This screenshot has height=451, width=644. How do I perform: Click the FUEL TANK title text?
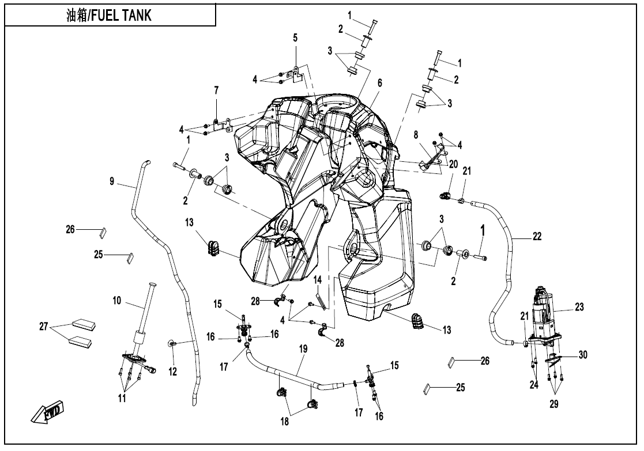[x=109, y=16]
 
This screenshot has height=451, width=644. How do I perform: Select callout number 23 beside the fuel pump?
[x=579, y=308]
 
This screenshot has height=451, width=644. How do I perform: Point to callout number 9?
[x=112, y=181]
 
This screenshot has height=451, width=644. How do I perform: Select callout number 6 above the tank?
[x=379, y=83]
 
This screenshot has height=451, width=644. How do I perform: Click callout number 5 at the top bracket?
[x=295, y=38]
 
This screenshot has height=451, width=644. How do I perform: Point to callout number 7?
[x=216, y=90]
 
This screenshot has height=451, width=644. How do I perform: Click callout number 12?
[x=172, y=373]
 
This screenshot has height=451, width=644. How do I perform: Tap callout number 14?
[x=317, y=280]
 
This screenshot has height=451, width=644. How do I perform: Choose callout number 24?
[x=534, y=385]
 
